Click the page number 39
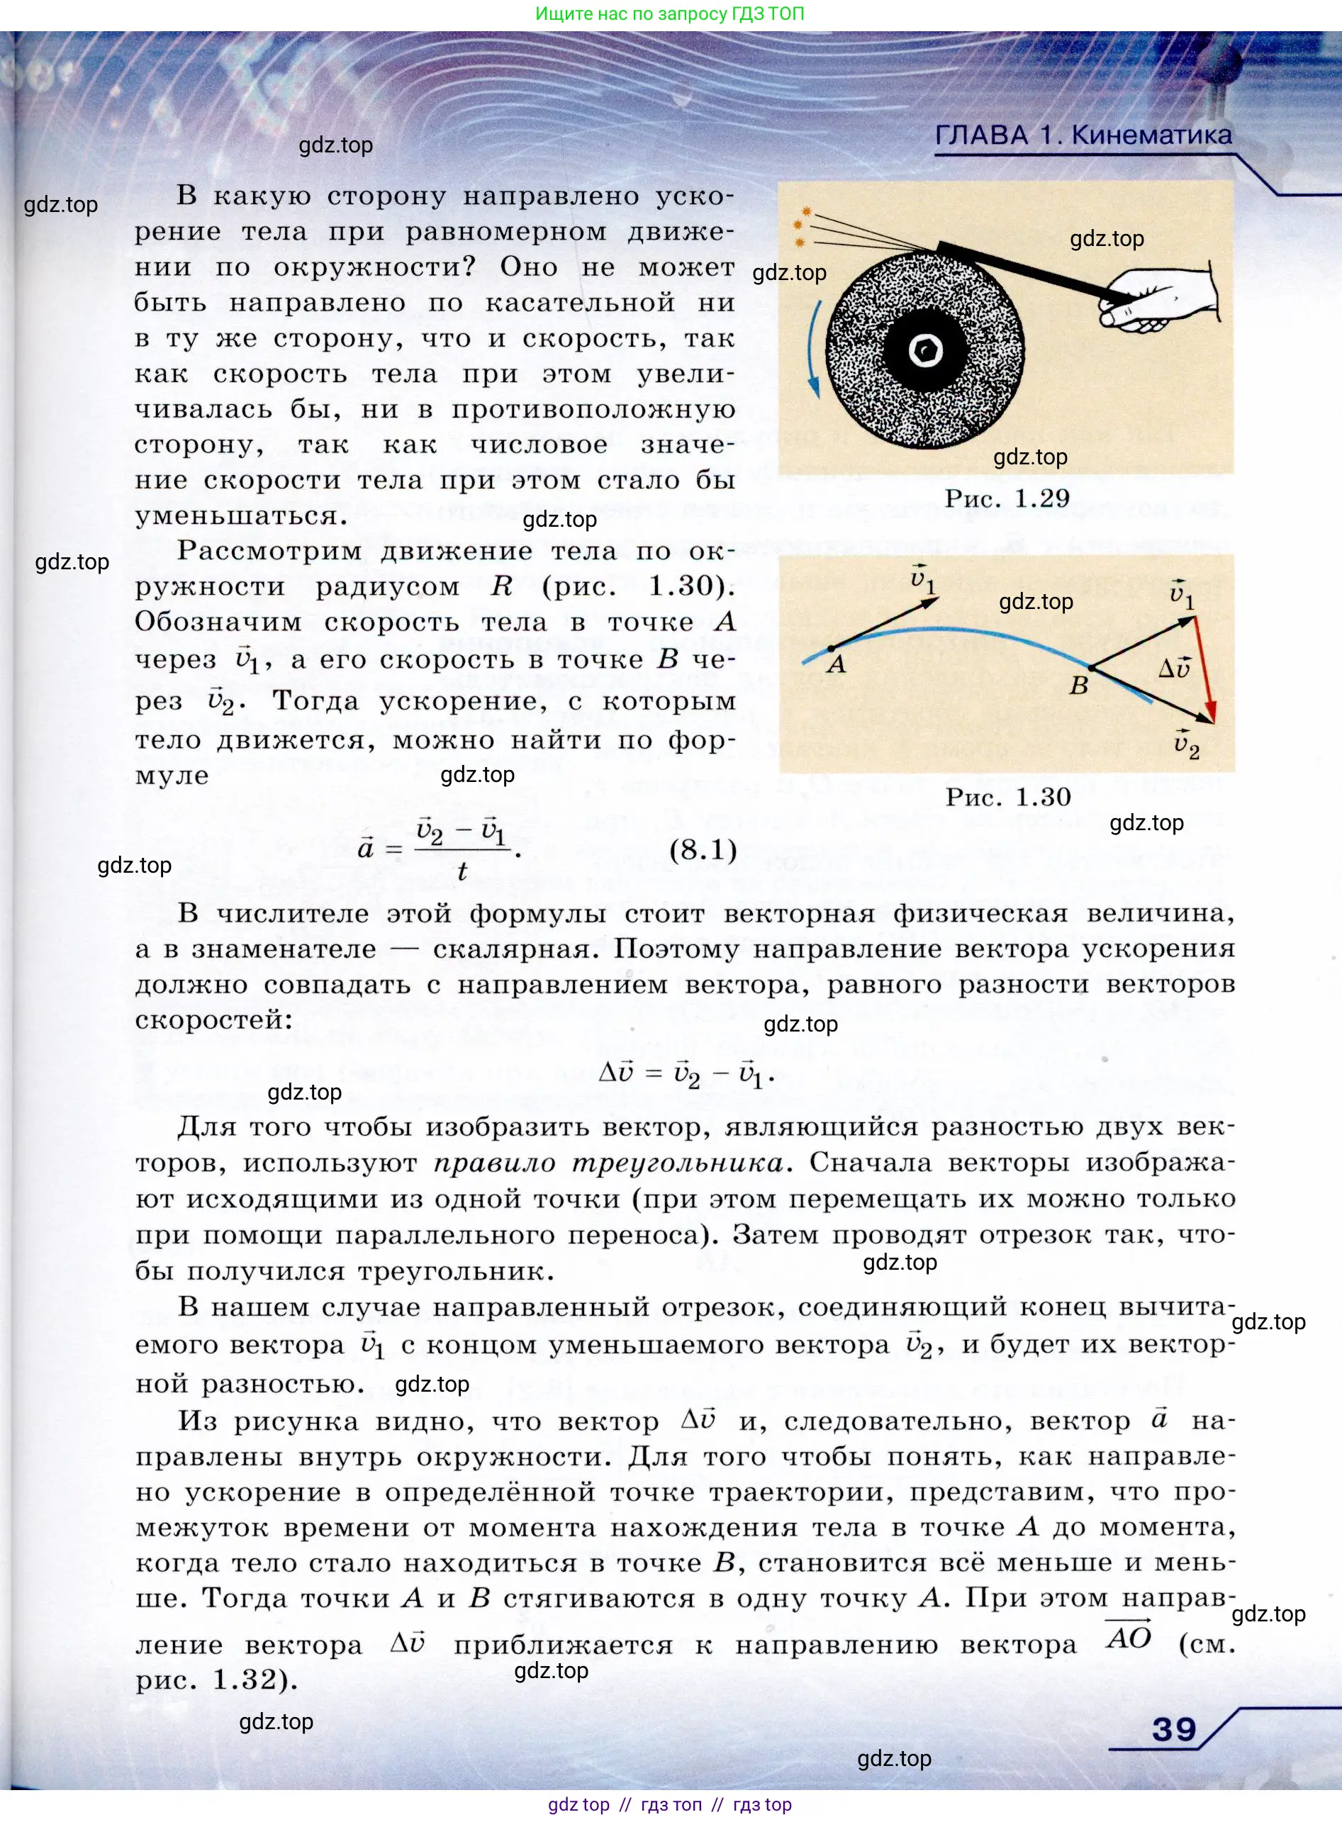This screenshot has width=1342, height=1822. click(1174, 1728)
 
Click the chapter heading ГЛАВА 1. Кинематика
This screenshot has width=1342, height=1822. click(1083, 135)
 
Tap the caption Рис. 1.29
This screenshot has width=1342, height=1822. click(1007, 498)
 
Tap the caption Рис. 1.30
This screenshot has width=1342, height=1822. click(1007, 797)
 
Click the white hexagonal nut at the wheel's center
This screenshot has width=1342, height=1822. click(924, 351)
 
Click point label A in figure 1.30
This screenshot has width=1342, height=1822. click(837, 664)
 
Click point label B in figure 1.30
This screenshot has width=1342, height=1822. click(1078, 686)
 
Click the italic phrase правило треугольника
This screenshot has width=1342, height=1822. click(608, 1163)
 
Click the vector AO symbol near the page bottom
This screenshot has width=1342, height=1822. click(1129, 1636)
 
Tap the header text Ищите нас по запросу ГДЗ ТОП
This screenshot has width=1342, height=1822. click(669, 13)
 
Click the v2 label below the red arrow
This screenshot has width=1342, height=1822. click(1187, 743)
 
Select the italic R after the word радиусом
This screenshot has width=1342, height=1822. click(501, 586)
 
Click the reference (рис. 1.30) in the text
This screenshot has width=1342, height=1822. click(639, 586)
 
